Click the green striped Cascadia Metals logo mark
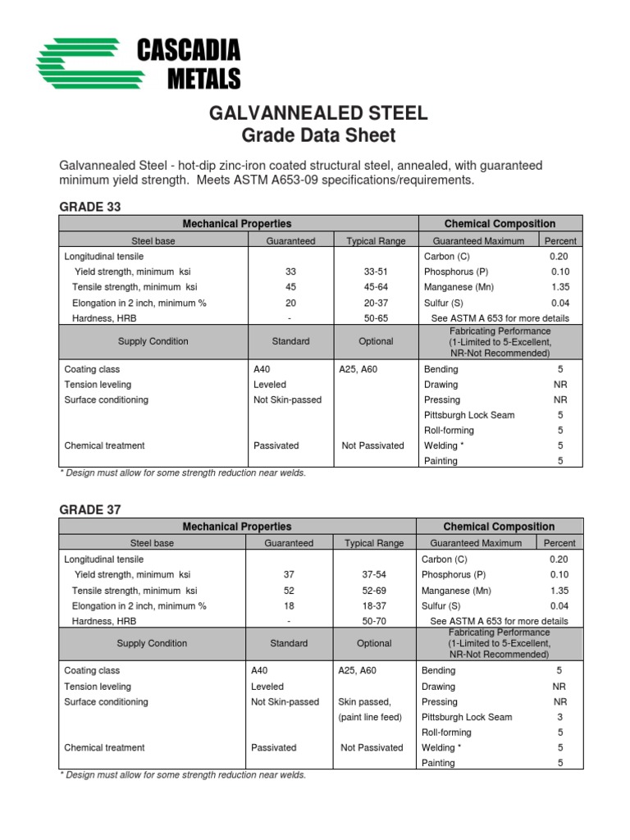point(83,64)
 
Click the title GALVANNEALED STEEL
point(319,113)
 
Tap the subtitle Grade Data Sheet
point(319,136)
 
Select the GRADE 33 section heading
point(90,208)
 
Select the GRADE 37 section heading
point(90,509)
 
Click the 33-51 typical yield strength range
point(375,272)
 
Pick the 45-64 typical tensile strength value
point(375,287)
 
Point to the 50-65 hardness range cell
point(375,318)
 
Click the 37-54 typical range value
point(374,575)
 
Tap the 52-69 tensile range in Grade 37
point(374,591)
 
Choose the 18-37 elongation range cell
point(374,606)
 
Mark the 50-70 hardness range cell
point(374,622)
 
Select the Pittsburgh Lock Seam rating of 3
point(559,717)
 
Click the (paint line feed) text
point(370,717)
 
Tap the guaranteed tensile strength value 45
point(290,287)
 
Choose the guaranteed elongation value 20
point(290,303)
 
